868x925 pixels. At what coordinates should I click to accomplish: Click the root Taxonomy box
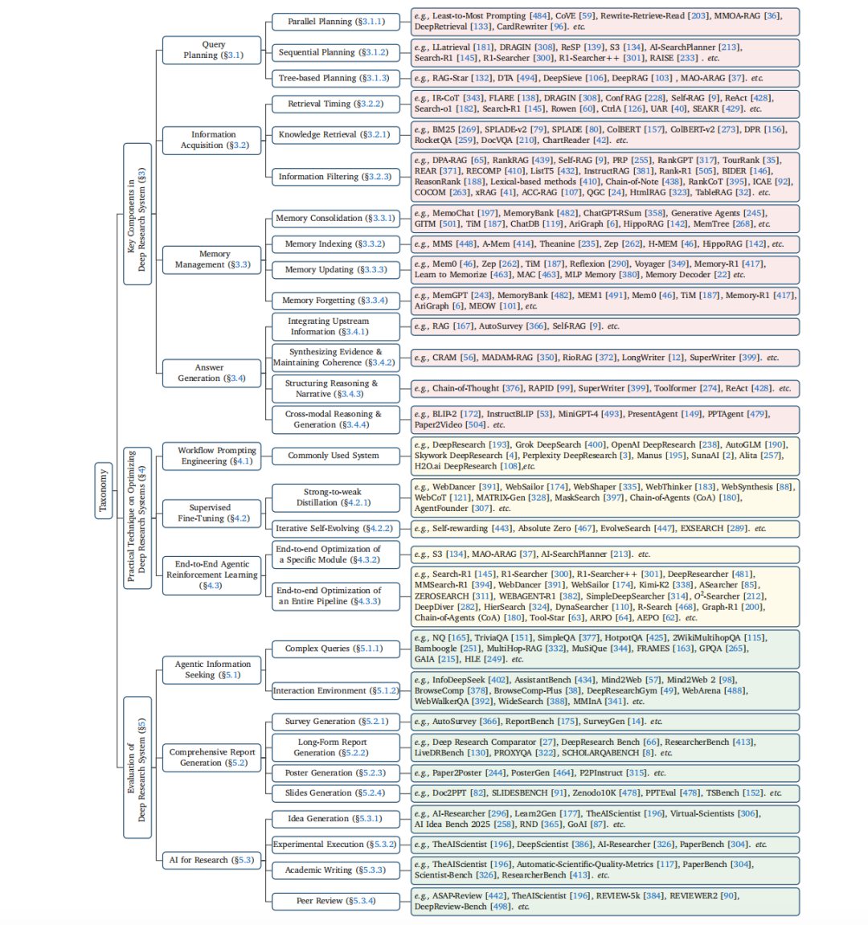(103, 491)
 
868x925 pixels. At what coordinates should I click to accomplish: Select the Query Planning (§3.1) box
(211, 50)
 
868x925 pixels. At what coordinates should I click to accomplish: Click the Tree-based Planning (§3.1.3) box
(334, 78)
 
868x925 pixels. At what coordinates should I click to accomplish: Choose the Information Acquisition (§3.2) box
(213, 140)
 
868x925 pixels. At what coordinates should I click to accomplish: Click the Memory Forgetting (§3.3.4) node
(334, 300)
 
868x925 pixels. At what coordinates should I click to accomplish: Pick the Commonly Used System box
(334, 456)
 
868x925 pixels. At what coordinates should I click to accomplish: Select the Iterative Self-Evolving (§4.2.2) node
(334, 528)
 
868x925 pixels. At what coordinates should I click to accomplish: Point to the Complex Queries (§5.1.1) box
(334, 649)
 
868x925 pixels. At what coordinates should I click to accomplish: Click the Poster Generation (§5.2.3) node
(334, 772)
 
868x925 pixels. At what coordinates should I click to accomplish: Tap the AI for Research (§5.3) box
(211, 860)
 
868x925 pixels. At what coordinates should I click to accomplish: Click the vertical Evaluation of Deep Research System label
(137, 768)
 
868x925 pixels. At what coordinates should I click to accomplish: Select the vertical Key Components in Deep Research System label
(137, 214)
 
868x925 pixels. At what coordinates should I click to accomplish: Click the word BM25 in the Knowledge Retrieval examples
(444, 129)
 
